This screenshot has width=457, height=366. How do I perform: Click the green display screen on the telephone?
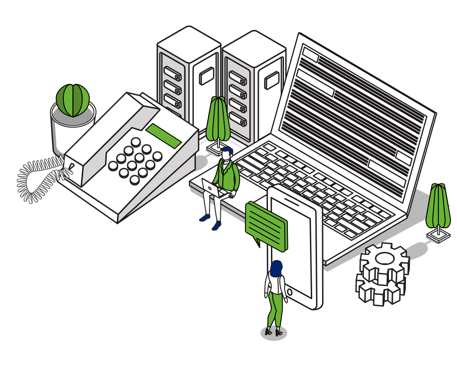(163, 136)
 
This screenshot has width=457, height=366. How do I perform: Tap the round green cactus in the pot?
(73, 100)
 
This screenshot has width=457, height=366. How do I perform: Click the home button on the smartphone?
(289, 292)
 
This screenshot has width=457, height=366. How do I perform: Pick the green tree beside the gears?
(438, 206)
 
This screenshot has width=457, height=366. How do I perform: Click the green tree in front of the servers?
(218, 119)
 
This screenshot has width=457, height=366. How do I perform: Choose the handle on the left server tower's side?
(206, 76)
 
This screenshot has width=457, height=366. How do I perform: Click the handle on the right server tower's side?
(272, 80)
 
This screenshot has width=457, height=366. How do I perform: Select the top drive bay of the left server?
(172, 73)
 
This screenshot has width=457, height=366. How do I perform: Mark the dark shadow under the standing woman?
(274, 333)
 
